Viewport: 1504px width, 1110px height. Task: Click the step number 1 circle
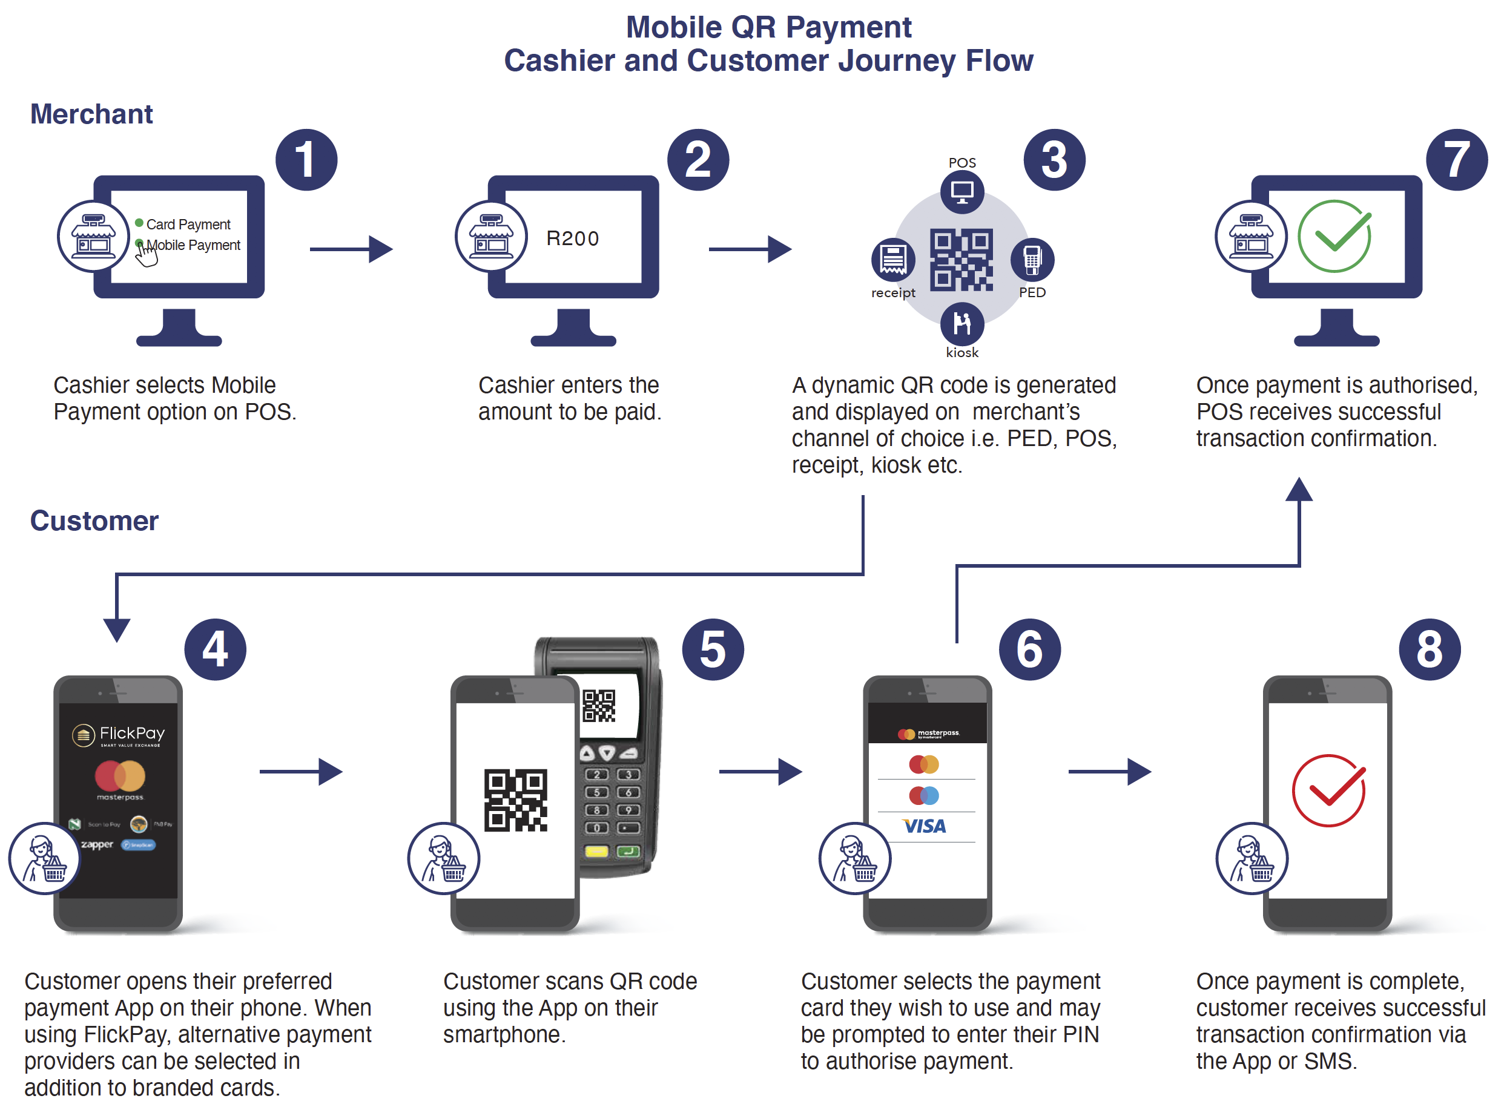[x=306, y=160]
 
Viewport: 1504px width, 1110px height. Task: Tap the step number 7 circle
[x=1456, y=160]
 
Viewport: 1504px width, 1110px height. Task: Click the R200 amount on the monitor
[x=573, y=238]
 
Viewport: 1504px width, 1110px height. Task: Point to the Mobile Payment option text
[x=194, y=245]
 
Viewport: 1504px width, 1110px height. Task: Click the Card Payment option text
[x=188, y=225]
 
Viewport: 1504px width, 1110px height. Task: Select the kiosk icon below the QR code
[x=962, y=324]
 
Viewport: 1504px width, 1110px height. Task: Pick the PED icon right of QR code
[x=1032, y=260]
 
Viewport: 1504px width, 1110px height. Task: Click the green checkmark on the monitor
[x=1334, y=237]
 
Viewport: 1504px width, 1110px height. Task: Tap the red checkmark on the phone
[x=1328, y=791]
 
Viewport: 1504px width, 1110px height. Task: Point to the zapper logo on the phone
[x=97, y=844]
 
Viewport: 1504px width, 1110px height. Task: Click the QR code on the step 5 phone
[x=515, y=800]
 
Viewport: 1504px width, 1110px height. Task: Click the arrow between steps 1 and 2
[x=351, y=249]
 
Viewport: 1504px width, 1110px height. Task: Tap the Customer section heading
[x=94, y=521]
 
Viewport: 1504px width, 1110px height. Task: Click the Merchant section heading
[x=91, y=114]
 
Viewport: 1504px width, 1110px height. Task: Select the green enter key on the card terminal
[x=629, y=852]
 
